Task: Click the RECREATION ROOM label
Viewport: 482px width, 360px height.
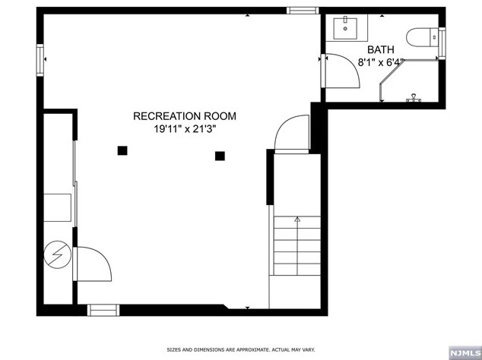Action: pos(185,116)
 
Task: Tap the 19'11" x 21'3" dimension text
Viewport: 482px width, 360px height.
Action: pos(185,129)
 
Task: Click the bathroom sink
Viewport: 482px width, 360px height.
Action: pos(347,28)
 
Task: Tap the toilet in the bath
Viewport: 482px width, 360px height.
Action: pos(423,36)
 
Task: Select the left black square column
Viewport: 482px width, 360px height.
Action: pos(122,150)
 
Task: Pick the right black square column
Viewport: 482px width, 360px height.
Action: pos(220,156)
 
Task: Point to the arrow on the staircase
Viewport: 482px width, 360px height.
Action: pos(297,221)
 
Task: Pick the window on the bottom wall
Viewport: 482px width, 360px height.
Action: pos(104,310)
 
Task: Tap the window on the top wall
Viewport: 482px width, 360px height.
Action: pos(302,10)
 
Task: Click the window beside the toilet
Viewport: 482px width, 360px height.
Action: pos(442,41)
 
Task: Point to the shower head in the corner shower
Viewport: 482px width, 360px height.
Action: pos(414,97)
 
